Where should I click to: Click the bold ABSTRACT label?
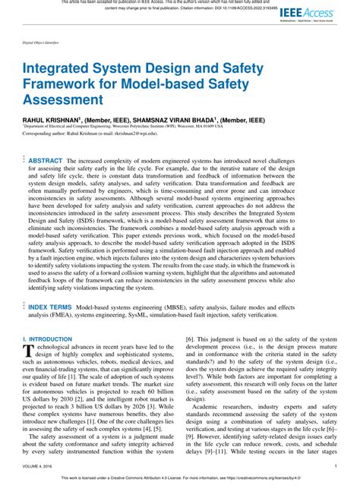point(46,161)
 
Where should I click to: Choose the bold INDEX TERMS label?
point(50,307)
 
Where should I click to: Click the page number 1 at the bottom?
point(336,465)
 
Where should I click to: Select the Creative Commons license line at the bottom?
point(180,480)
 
